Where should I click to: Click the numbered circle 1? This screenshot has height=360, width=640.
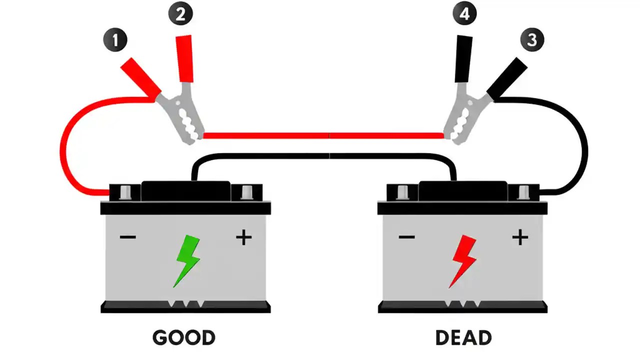pyautogui.click(x=115, y=40)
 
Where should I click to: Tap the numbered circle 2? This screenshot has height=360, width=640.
pyautogui.click(x=180, y=13)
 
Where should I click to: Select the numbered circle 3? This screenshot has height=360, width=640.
pyautogui.click(x=532, y=39)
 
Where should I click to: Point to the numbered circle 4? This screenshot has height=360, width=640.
pyautogui.click(x=464, y=13)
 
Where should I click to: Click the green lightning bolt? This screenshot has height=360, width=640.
pyautogui.click(x=187, y=260)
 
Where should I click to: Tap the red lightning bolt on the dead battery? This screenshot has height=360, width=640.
pyautogui.click(x=463, y=260)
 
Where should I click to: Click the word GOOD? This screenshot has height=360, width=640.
pyautogui.click(x=184, y=337)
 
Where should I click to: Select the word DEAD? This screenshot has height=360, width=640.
pyautogui.click(x=463, y=337)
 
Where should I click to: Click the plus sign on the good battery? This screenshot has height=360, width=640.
pyautogui.click(x=243, y=237)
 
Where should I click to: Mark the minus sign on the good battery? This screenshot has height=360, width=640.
pyautogui.click(x=128, y=236)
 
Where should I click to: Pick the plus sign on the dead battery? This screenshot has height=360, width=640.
pyautogui.click(x=520, y=237)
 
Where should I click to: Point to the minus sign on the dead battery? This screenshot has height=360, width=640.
pyautogui.click(x=406, y=236)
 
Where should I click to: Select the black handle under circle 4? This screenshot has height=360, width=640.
pyautogui.click(x=463, y=59)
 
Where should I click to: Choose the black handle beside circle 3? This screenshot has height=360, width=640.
pyautogui.click(x=507, y=77)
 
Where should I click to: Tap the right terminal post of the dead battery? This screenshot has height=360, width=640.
pyautogui.click(x=523, y=192)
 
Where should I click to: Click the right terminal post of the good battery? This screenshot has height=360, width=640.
pyautogui.click(x=247, y=192)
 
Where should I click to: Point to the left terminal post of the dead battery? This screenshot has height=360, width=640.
pyautogui.click(x=401, y=192)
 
